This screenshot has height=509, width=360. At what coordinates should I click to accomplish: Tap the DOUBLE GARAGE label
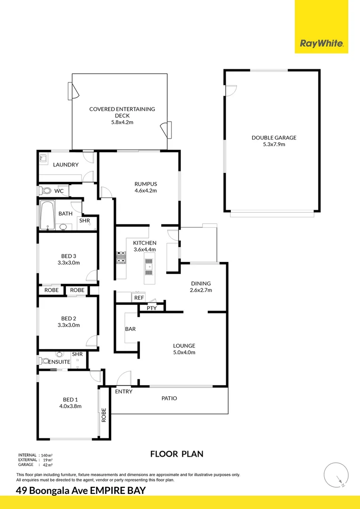[x=274, y=138]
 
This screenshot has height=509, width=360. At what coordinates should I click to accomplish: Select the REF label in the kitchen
[x=139, y=298]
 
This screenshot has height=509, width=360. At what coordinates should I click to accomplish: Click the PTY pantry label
[x=151, y=308]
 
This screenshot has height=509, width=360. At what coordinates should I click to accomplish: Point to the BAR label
[x=131, y=328]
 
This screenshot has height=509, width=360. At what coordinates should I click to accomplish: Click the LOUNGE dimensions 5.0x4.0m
[x=184, y=352]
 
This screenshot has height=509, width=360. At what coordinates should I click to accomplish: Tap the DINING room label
[x=201, y=283]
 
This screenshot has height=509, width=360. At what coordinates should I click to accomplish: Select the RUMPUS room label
[x=146, y=184]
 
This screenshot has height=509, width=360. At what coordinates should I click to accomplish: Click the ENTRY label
[x=123, y=392]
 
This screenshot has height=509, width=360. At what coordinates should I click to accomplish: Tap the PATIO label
[x=169, y=398]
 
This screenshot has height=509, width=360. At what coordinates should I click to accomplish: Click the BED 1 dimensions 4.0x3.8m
[x=70, y=406]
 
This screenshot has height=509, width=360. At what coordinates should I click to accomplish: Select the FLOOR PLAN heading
[x=177, y=454]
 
